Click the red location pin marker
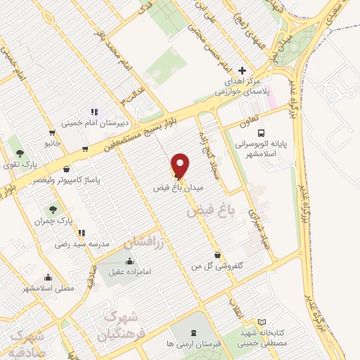coord(181,165)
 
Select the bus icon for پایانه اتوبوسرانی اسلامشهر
coord(262,132)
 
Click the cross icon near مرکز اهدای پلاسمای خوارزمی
coord(243,70)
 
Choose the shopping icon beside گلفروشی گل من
coord(217,255)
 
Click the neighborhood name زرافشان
coord(146,243)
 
